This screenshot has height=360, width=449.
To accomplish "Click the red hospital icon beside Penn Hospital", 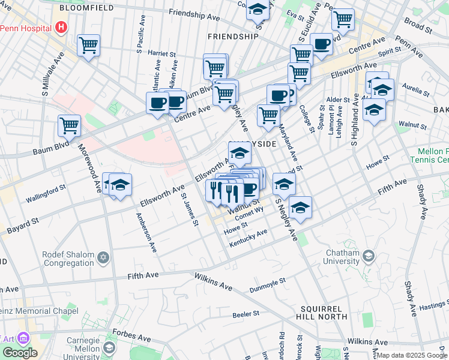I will click(x=61, y=27).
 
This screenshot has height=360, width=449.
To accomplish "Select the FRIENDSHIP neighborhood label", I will click(x=232, y=37).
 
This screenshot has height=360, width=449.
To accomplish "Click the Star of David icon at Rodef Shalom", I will click(x=103, y=258).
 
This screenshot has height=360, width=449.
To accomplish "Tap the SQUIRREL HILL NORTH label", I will click(x=321, y=311).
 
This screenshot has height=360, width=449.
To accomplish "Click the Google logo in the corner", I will click(x=20, y=353).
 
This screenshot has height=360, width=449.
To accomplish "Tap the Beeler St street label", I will click(x=246, y=313).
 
